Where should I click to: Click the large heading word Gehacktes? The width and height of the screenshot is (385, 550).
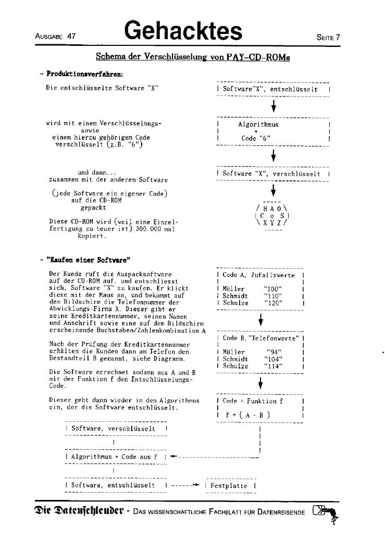click(x=183, y=31)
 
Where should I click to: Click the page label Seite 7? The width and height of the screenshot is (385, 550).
click(x=328, y=38)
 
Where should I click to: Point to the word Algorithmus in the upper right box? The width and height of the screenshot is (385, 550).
click(x=258, y=125)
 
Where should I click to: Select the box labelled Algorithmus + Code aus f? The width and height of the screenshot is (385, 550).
click(x=115, y=457)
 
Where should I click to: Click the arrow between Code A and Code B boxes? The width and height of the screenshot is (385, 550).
click(x=259, y=319)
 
